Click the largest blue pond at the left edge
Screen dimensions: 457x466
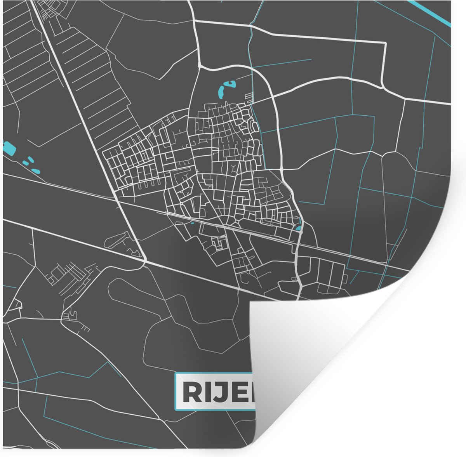point(8,148)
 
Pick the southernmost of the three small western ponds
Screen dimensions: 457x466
point(35,171)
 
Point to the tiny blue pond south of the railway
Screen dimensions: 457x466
point(192,223)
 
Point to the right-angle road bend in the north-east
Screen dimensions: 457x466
point(385,43)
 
